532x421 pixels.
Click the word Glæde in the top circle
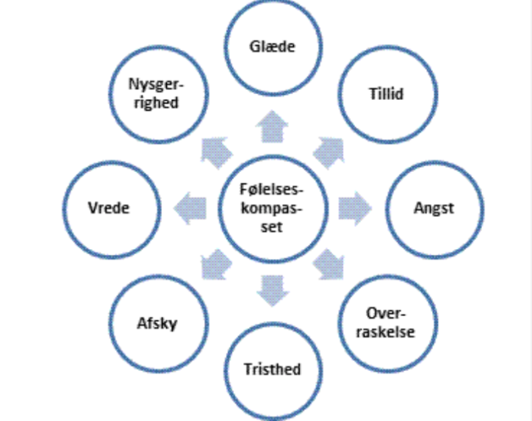[x=273, y=47]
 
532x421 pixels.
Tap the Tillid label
[x=385, y=93]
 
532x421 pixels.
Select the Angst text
[x=433, y=208]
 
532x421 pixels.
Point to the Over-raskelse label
[x=388, y=324]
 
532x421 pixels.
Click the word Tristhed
[x=273, y=369]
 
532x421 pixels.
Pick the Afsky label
[x=156, y=322]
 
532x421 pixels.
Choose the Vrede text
[x=109, y=208]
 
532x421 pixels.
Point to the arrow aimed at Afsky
[x=214, y=265]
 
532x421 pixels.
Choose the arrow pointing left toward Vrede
[x=192, y=205]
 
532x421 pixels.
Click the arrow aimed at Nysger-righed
[x=215, y=150]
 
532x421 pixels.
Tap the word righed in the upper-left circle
[x=155, y=104]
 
